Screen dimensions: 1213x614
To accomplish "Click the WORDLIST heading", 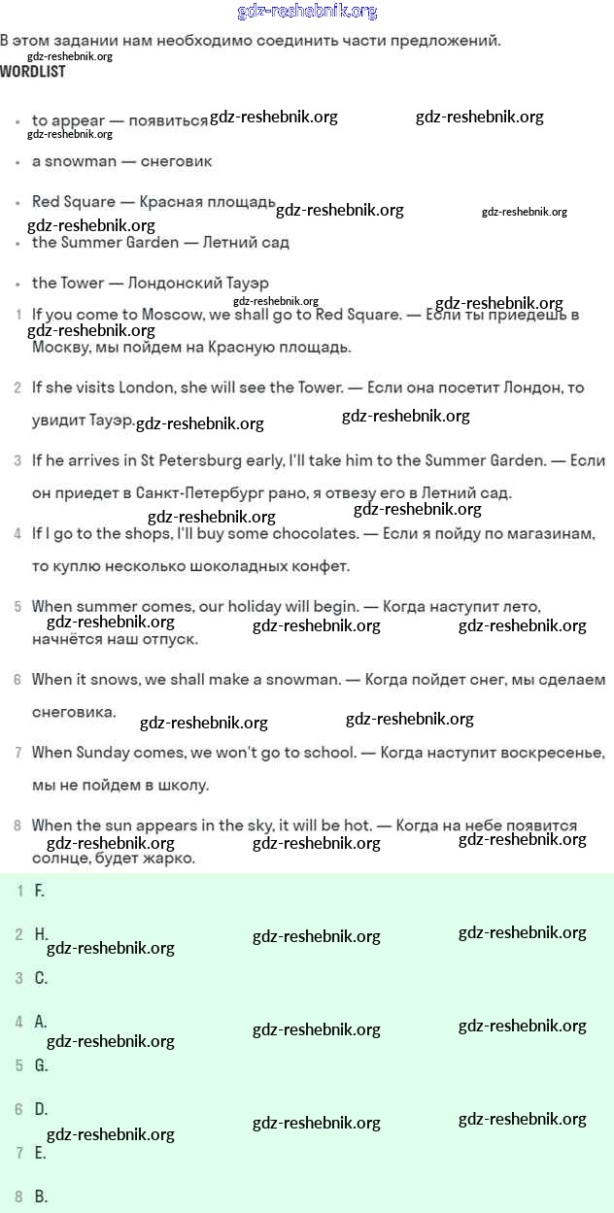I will (x=33, y=72).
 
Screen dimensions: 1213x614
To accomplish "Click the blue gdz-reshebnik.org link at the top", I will (x=307, y=12).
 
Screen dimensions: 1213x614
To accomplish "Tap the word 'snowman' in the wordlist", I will (x=81, y=161).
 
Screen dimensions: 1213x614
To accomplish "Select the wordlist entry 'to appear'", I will (x=68, y=120).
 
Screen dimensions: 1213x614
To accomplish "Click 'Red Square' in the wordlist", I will (x=73, y=202).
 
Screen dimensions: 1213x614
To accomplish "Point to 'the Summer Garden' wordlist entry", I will (x=105, y=242).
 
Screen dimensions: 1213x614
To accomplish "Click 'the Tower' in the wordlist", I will (x=68, y=283).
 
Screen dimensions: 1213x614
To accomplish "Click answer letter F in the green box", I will (x=39, y=891).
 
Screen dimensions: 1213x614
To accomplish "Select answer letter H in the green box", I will (x=40, y=934).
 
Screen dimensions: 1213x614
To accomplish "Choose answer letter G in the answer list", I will (x=40, y=1065).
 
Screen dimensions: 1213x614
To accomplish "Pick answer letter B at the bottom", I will (x=40, y=1196).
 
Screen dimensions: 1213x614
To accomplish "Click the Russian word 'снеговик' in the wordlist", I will (x=176, y=161).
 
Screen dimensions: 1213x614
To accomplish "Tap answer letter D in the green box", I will (x=40, y=1109).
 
